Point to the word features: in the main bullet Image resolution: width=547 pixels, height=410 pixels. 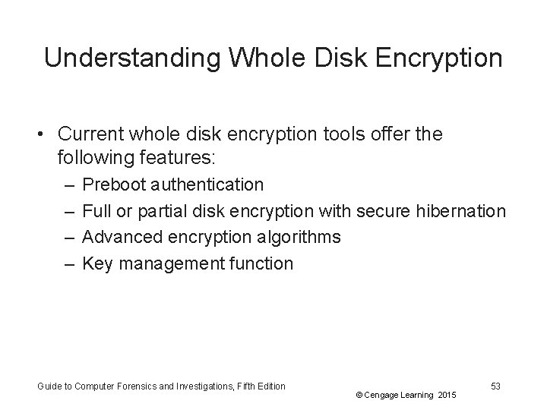click(x=184, y=158)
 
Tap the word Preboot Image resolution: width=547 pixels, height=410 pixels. click(x=114, y=184)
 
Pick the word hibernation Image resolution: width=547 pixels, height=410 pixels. click(x=461, y=210)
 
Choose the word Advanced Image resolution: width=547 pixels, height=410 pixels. click(x=118, y=237)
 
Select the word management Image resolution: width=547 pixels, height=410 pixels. click(x=170, y=263)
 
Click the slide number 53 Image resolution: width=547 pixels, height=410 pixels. click(x=495, y=386)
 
